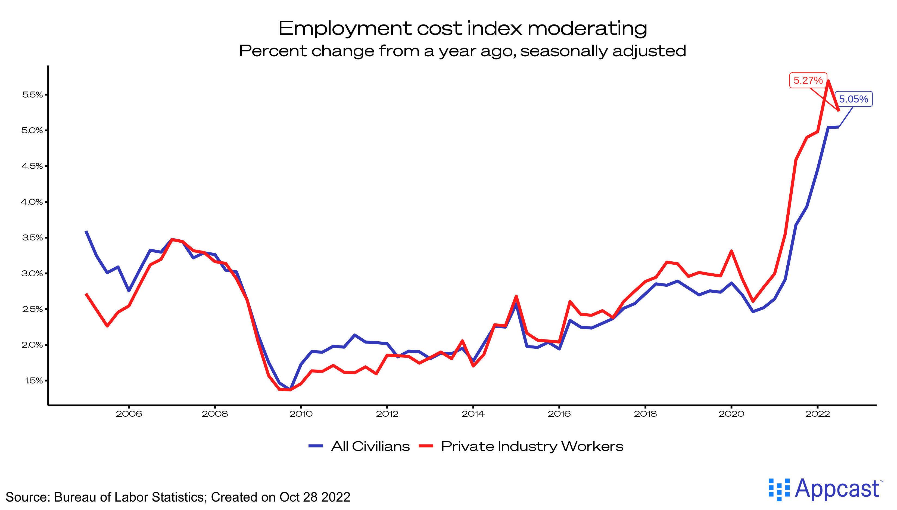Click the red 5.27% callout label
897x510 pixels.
[x=808, y=81]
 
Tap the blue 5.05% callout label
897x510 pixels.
[x=853, y=99]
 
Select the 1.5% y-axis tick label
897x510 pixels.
[x=33, y=381]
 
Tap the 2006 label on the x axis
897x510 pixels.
[x=129, y=414]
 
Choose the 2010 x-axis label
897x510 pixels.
[x=301, y=414]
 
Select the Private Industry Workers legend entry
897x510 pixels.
[x=521, y=447]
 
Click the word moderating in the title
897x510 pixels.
[x=587, y=29]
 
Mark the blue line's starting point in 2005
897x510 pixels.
[x=86, y=231]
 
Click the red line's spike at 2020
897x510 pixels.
[x=731, y=251]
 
